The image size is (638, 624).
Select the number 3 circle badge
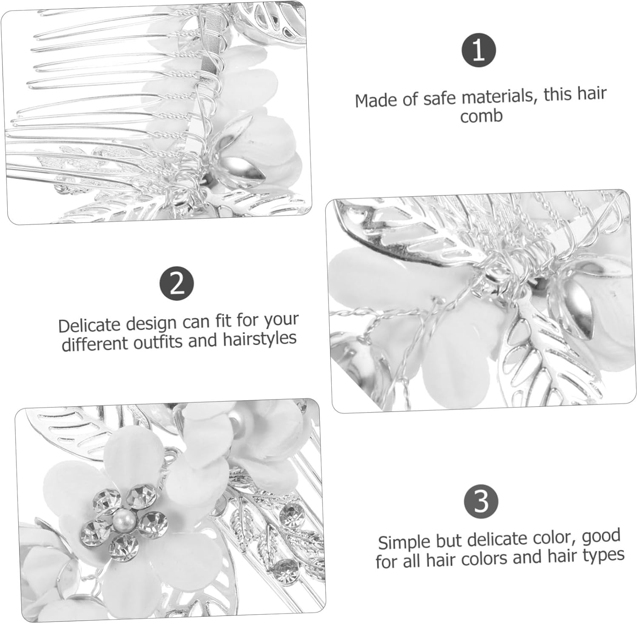pos(481,501)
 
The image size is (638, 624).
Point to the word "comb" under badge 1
pos(481,116)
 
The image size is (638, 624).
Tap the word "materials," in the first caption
pos(501,96)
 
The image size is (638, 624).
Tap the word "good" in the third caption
pos(601,536)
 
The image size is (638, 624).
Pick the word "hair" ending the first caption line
pos(591,93)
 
